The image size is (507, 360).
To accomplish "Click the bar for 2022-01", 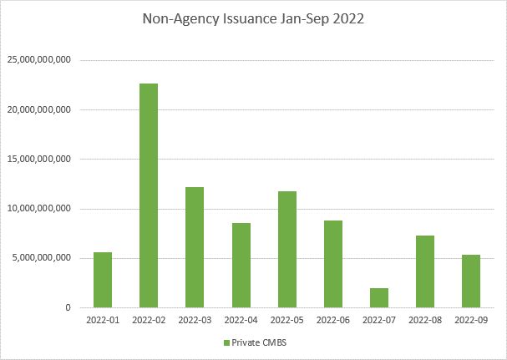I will point(103,280).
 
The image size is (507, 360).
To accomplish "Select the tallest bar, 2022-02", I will point(149,195).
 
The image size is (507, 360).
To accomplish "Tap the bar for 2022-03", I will point(194,247).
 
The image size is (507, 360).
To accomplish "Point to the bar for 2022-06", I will point(332,264).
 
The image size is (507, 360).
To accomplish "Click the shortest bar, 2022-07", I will point(378,297).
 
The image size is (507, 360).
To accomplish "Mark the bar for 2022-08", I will point(424,271).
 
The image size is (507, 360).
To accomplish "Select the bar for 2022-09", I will point(470,281).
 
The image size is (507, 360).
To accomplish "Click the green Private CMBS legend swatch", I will point(226,343).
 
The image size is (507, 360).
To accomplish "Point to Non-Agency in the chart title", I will point(174,23).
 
